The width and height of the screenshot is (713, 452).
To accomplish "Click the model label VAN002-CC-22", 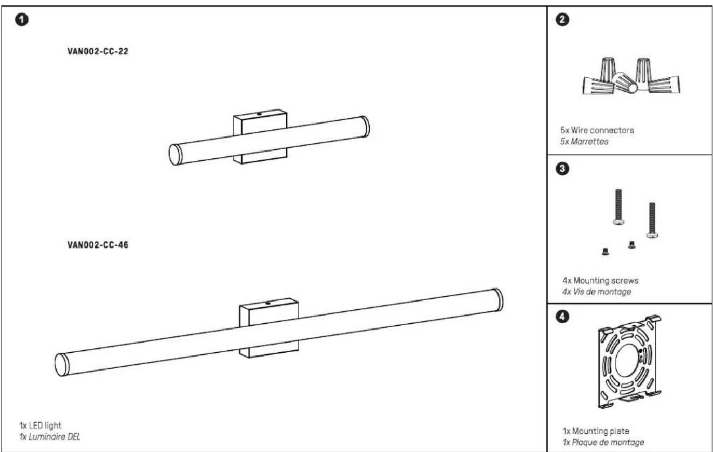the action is [98, 51].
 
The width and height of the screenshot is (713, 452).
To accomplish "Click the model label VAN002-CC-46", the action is [98, 245].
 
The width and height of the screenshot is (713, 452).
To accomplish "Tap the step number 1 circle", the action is [22, 20].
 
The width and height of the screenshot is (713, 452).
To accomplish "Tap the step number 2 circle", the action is [562, 20].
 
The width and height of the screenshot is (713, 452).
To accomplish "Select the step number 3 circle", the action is [562, 169].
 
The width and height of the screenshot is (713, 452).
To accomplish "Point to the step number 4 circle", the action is [562, 317].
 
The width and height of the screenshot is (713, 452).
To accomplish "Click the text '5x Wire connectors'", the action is [597, 130].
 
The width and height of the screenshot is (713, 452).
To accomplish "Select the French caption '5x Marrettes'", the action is [584, 142].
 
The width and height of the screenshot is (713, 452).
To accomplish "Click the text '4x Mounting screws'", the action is [600, 281].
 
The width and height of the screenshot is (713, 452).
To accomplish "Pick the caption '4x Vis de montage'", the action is [597, 292].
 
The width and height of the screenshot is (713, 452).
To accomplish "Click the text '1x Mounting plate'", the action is [596, 431].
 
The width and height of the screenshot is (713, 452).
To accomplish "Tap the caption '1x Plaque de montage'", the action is [603, 442].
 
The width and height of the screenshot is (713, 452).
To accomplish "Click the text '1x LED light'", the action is [40, 426].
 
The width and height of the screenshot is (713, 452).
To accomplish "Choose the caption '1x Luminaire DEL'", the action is [50, 437].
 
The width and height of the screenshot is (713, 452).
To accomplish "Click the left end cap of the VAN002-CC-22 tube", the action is [175, 155].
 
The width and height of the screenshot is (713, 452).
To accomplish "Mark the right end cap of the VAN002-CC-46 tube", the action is [498, 300].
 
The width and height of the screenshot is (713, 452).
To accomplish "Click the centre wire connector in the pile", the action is [625, 83].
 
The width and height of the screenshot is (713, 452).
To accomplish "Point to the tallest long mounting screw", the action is [618, 207].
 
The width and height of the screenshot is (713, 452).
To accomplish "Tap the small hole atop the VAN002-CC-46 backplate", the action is [268, 304].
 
